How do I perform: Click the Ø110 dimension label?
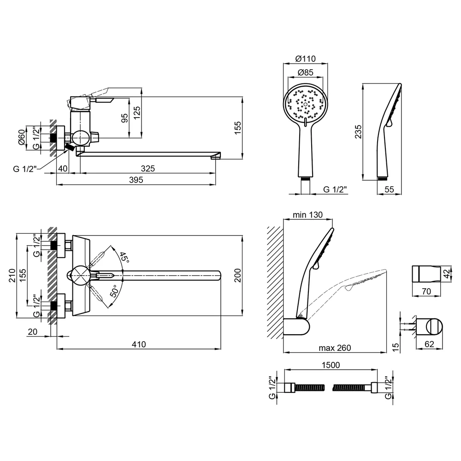[x=305, y=59]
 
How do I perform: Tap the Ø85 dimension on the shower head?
[x=306, y=72]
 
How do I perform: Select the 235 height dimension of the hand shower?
[x=358, y=132]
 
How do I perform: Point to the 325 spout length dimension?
[x=148, y=168]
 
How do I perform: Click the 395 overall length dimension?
[x=136, y=180]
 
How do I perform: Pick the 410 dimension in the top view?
[x=139, y=344]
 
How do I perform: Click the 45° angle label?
[x=124, y=257]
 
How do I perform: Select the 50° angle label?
[x=115, y=291]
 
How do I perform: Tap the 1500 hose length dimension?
[x=331, y=365]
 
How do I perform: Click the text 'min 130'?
[x=307, y=215]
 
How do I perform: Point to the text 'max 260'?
[x=335, y=348]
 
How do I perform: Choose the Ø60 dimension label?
[x=22, y=137]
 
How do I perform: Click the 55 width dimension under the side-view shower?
[x=389, y=189]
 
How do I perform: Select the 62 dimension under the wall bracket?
[x=429, y=344]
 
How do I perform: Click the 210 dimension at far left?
[x=12, y=276]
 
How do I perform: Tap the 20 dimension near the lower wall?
[x=33, y=331]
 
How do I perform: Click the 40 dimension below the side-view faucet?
[x=63, y=168]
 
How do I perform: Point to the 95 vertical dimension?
[x=124, y=118]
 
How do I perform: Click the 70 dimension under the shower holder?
[x=426, y=291]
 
